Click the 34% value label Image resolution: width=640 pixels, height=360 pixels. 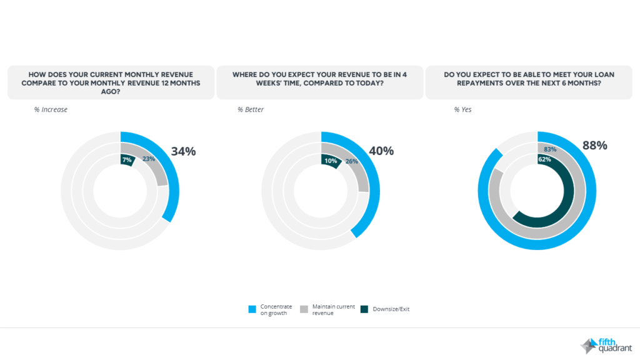click(183, 151)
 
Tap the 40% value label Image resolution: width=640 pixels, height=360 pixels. click(381, 151)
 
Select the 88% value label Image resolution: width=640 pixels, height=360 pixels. click(595, 146)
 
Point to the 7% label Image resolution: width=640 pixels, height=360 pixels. click(127, 160)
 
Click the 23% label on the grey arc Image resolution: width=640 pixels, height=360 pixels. click(148, 159)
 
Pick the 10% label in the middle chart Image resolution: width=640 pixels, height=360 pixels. click(331, 161)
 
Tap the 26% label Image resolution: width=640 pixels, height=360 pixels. click(352, 161)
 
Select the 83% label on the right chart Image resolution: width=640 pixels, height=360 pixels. click(550, 149)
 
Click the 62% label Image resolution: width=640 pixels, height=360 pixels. click(544, 160)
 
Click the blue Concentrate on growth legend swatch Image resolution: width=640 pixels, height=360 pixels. click(252, 309)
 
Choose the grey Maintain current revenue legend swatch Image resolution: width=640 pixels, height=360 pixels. click(304, 309)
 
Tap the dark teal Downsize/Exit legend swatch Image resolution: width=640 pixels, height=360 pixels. click(364, 309)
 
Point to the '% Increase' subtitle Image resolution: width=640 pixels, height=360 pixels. click(51, 110)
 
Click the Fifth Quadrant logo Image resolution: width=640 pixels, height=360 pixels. click(606, 345)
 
